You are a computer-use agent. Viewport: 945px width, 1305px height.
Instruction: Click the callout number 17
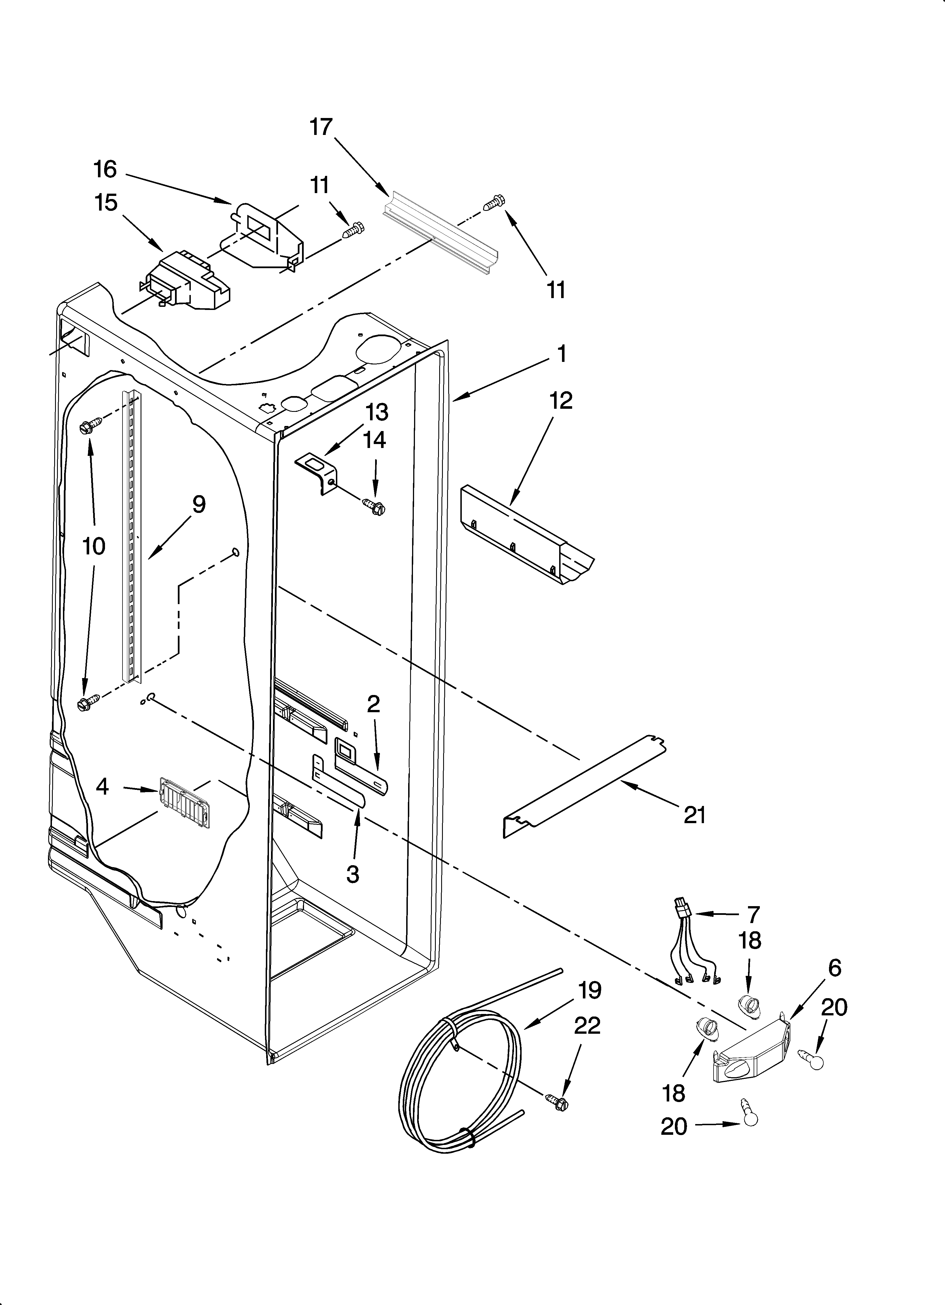click(x=321, y=126)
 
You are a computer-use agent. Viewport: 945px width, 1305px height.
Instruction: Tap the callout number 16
click(x=105, y=170)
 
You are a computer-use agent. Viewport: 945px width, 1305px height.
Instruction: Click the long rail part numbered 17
click(x=440, y=236)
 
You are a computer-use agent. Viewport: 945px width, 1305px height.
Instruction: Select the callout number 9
click(x=198, y=505)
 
